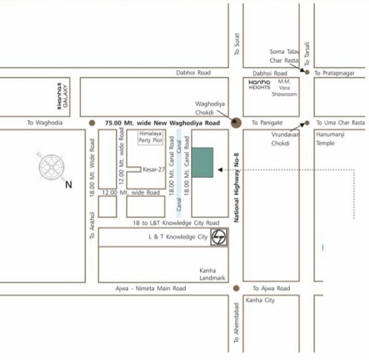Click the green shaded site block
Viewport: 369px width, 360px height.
pos(202,162)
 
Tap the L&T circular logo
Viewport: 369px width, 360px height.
pos(218,236)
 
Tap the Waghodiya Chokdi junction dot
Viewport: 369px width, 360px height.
pos(236,122)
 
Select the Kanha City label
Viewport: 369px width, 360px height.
pos(260,300)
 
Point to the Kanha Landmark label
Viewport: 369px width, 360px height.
pos(212,274)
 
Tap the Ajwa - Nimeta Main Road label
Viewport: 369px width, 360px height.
pos(154,288)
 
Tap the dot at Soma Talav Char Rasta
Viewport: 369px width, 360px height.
pos(307,72)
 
